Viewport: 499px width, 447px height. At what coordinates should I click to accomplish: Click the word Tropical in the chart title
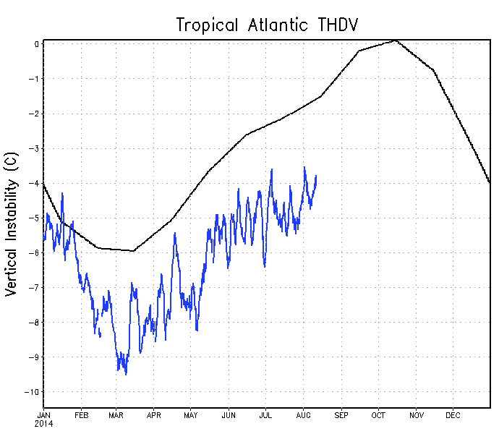click(206, 25)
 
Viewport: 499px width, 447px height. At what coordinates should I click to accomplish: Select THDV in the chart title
click(338, 25)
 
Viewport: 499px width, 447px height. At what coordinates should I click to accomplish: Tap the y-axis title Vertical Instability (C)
click(12, 227)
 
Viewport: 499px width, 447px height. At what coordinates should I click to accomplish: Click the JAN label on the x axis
click(43, 415)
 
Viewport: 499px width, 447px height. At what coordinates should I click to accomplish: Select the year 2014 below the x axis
click(43, 423)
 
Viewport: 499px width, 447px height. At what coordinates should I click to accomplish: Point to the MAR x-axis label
click(117, 415)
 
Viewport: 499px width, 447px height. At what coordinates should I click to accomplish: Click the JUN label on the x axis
click(229, 415)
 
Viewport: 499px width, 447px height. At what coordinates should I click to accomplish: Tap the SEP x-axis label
click(341, 415)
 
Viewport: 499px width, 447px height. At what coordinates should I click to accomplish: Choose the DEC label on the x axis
click(453, 415)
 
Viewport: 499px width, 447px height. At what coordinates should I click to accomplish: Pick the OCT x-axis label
click(378, 415)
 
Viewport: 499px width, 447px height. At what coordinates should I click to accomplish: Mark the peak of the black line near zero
click(396, 41)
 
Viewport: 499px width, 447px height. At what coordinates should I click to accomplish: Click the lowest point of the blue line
click(126, 374)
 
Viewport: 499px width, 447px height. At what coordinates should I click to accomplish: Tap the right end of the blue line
click(316, 176)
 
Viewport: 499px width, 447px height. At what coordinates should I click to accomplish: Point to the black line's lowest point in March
click(132, 251)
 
